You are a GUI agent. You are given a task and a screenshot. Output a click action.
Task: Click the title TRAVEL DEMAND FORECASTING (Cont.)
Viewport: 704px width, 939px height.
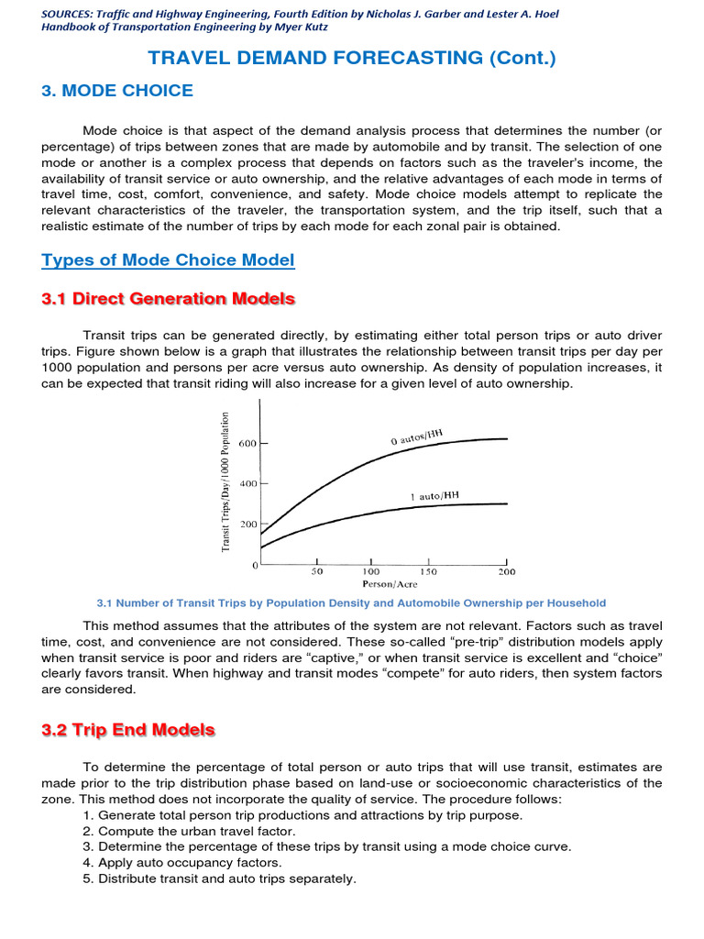[x=352, y=58]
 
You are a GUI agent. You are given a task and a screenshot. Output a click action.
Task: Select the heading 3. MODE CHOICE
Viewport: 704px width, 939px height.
[x=117, y=91]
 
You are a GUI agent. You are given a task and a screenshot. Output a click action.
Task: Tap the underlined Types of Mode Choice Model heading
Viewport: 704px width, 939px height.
[x=169, y=260]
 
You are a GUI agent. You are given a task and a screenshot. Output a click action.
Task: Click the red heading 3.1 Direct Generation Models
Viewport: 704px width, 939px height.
[x=169, y=299]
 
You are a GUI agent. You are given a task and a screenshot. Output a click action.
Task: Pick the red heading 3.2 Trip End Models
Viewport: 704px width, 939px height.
[x=128, y=731]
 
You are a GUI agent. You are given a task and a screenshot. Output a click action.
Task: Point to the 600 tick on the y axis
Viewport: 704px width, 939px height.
[x=248, y=443]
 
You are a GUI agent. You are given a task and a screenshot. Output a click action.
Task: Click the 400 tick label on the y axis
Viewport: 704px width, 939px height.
[x=248, y=483]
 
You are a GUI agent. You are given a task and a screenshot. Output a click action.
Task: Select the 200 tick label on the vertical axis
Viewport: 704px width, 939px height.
[x=248, y=525]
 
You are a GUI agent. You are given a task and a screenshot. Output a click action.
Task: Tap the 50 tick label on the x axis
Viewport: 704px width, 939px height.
[x=316, y=571]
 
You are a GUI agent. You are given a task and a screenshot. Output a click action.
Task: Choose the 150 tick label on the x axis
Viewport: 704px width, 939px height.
[x=428, y=571]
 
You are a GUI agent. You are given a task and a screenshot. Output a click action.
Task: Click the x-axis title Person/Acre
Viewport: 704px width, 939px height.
[x=389, y=584]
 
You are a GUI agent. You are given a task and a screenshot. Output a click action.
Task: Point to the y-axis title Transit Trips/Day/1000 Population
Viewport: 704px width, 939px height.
[x=225, y=481]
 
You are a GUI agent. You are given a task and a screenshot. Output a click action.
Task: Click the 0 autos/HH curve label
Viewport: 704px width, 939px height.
[x=423, y=436]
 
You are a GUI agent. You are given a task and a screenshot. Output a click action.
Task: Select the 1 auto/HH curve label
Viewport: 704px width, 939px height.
[x=434, y=496]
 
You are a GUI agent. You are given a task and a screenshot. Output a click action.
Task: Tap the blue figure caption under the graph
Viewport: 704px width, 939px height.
[x=351, y=603]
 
